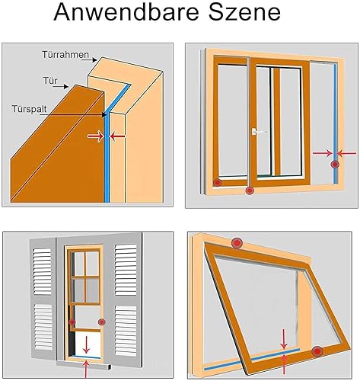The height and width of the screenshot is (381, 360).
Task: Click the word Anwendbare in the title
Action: coord(126,12)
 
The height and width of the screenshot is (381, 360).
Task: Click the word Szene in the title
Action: coord(244,12)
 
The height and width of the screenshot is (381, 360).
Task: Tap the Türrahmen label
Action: coord(65,54)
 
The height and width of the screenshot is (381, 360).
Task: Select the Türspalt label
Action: coord(30,109)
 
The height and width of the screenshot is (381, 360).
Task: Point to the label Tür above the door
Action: coord(50,81)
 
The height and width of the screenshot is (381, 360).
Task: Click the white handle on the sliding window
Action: coord(259,132)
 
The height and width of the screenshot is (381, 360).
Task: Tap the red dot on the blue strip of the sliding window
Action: coord(335,165)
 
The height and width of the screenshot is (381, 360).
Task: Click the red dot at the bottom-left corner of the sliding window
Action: coord(217,182)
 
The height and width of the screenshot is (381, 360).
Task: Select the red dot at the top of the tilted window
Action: coord(237,243)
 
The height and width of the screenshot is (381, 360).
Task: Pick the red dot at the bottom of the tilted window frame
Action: coord(317,352)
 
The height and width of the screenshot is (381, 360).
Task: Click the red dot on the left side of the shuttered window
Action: coord(72,322)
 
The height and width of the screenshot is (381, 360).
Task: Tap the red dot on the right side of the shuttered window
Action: coord(102,322)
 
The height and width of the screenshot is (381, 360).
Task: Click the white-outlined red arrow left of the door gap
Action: coord(96,136)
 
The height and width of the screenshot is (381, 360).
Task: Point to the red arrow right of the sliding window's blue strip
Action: coord(346,153)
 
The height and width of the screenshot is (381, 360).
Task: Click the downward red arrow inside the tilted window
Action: coord(284,339)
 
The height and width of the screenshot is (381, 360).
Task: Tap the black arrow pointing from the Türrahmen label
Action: coord(89,60)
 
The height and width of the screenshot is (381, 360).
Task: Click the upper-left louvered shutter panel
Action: coord(43,271)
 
